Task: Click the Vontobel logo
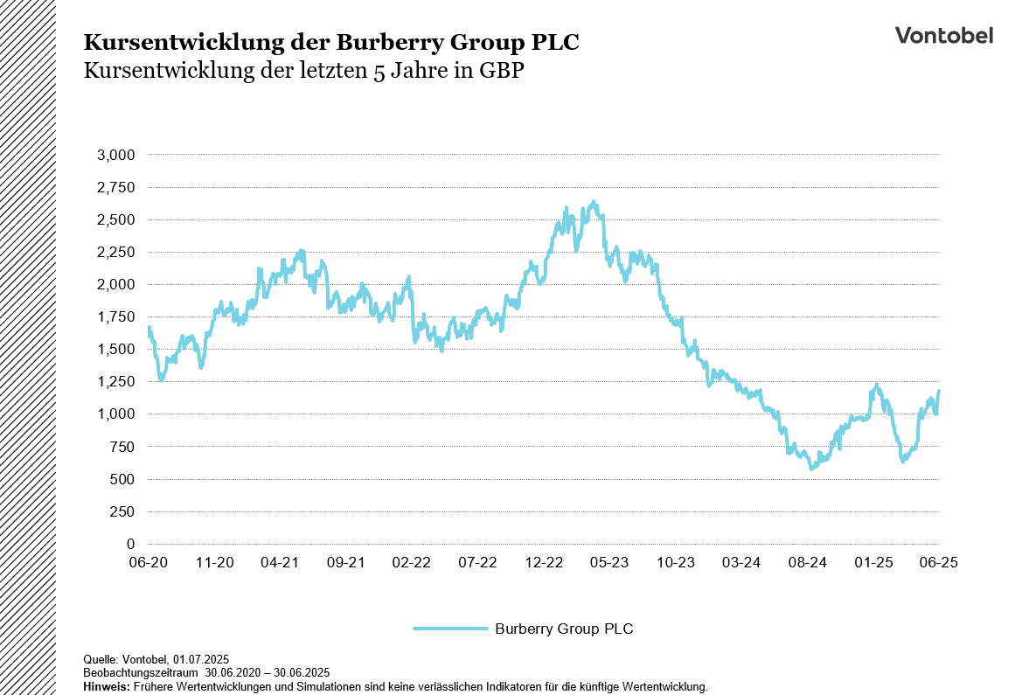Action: click(x=943, y=35)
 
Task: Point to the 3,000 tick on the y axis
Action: click(x=116, y=155)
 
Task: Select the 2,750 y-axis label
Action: click(x=116, y=187)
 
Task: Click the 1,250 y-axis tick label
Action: click(x=116, y=382)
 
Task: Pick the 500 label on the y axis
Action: click(x=123, y=479)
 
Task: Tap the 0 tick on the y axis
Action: click(x=131, y=544)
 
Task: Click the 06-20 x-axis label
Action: click(x=149, y=563)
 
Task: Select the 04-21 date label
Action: click(x=281, y=563)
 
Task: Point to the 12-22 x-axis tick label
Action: click(x=544, y=563)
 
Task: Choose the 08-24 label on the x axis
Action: click(x=808, y=563)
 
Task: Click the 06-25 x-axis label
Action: click(x=939, y=563)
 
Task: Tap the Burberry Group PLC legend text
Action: click(x=564, y=629)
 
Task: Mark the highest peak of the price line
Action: click(x=594, y=202)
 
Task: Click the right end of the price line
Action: click(x=939, y=392)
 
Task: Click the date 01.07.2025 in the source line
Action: click(x=201, y=658)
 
